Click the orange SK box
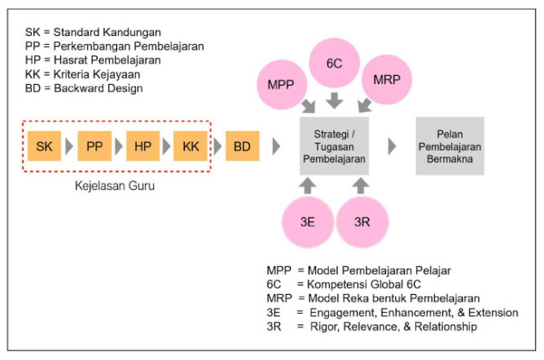pyautogui.click(x=45, y=146)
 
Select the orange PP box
pyautogui.click(x=94, y=146)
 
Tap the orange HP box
pyautogui.click(x=143, y=146)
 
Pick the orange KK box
pyautogui.click(x=191, y=146)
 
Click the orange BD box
pyautogui.click(x=242, y=146)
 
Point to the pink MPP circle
pyautogui.click(x=281, y=83)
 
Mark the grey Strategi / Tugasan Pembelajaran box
pyautogui.click(x=335, y=146)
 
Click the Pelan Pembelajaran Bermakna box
pyautogui.click(x=450, y=146)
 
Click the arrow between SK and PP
pyautogui.click(x=69, y=146)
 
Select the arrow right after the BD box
pyautogui.click(x=276, y=146)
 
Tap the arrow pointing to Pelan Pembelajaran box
pyautogui.click(x=393, y=146)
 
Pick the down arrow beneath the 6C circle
pyautogui.click(x=334, y=100)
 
